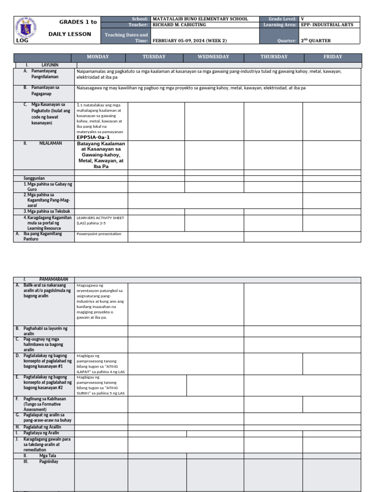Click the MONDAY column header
(x=98, y=57)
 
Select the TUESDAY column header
(x=154, y=57)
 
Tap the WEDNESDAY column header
(x=213, y=57)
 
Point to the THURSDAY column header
(x=274, y=57)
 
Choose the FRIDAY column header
(x=332, y=57)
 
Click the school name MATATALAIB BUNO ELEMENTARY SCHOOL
(x=200, y=19)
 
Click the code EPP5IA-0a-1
(x=94, y=137)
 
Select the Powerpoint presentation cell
(x=99, y=234)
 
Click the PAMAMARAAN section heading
(x=53, y=279)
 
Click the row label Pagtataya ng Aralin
(x=44, y=433)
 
